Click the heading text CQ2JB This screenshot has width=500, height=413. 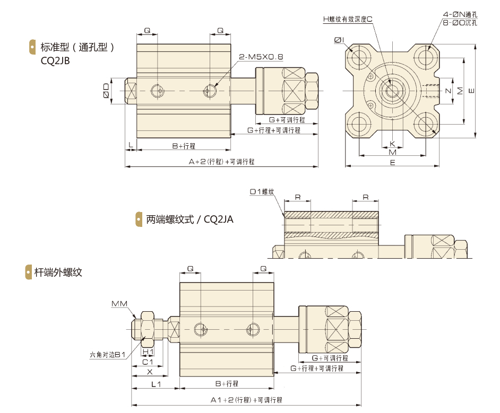click(x=55, y=60)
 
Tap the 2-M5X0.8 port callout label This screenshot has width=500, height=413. click(x=261, y=57)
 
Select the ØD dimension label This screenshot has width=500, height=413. click(x=106, y=91)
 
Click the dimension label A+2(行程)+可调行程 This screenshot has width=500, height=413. click(x=222, y=162)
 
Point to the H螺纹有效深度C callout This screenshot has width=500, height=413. click(x=348, y=20)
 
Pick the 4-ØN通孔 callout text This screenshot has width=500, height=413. click(x=460, y=14)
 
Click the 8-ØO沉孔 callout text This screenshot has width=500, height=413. click(x=460, y=23)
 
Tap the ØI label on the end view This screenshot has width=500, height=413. click(x=339, y=40)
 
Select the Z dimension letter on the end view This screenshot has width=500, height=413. click(x=449, y=91)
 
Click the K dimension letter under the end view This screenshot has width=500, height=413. click(x=393, y=144)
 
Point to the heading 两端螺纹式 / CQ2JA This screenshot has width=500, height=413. click(x=189, y=219)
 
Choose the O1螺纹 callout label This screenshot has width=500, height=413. click(x=262, y=192)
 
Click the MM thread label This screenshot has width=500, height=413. click(x=119, y=304)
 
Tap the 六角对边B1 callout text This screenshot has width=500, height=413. click(x=107, y=355)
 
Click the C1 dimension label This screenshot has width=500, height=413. click(x=148, y=362)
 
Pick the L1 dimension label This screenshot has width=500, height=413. click(x=156, y=384)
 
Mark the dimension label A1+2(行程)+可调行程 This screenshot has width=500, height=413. click(x=246, y=400)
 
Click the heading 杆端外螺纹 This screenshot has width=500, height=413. click(x=58, y=273)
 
